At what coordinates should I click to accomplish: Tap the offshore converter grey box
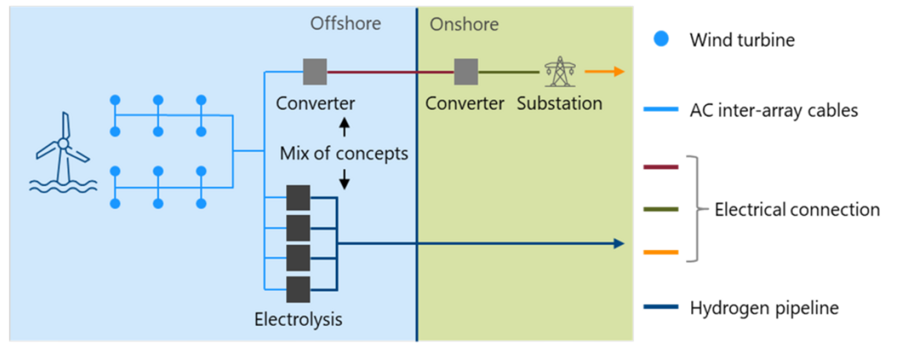(x=314, y=72)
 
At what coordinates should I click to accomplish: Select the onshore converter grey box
(x=465, y=72)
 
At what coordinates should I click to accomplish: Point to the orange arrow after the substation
(x=605, y=72)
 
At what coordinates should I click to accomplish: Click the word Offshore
(x=345, y=23)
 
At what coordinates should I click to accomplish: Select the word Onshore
(x=464, y=24)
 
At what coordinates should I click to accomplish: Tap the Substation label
(x=559, y=103)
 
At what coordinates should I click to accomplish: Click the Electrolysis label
(x=298, y=319)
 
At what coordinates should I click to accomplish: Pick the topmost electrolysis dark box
(x=298, y=197)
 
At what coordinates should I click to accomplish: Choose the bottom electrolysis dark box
(x=298, y=289)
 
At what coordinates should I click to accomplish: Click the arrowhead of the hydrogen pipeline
(x=619, y=243)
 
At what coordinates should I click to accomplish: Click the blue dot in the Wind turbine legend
(x=661, y=39)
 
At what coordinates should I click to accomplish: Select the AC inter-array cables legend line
(x=661, y=110)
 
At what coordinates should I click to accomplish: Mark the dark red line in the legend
(x=661, y=167)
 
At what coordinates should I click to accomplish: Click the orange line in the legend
(x=661, y=252)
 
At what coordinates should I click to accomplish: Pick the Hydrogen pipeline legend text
(x=764, y=307)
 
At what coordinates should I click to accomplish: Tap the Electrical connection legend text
(x=797, y=209)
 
